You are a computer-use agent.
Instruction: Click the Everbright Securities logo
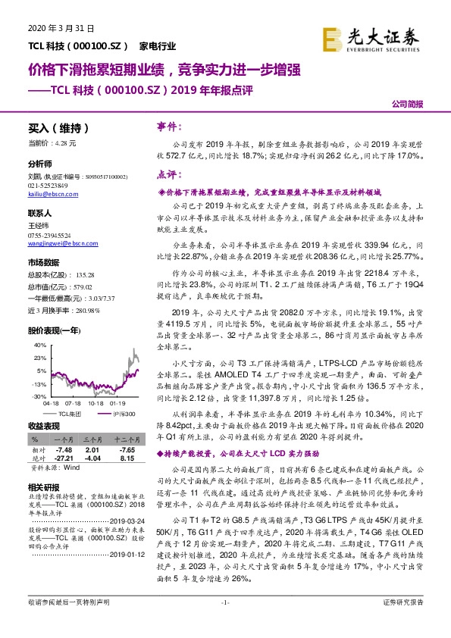coord(369,39)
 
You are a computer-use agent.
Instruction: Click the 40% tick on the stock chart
coord(36,323)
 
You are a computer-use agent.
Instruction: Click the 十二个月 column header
coord(124,439)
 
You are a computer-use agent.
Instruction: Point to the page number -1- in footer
coord(224,623)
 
